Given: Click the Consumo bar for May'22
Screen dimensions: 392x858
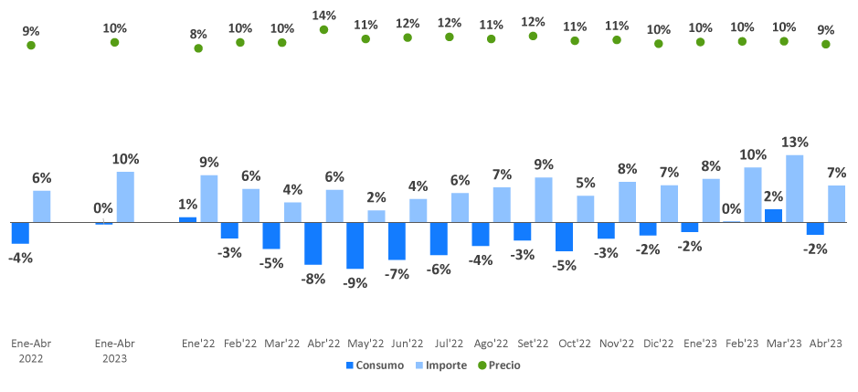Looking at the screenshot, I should [355, 245].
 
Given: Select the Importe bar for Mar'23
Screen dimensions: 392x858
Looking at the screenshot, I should [794, 188].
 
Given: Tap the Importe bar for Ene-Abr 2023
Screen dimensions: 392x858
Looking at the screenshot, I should [125, 196].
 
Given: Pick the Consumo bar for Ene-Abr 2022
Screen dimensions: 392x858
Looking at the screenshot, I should [20, 233].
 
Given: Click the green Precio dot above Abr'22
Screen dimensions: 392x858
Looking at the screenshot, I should [323, 29].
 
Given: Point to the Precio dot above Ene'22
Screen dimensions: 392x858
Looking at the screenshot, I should [198, 48].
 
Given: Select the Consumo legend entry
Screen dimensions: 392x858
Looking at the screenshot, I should [376, 366].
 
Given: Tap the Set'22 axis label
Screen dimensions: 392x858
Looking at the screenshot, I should [533, 344].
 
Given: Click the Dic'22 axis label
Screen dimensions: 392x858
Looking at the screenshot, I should [659, 344].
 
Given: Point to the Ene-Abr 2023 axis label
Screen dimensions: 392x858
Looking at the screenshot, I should [115, 351].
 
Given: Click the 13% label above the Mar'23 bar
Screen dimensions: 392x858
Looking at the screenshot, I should [794, 143].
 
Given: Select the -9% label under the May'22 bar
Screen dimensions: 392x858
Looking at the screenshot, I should [355, 282].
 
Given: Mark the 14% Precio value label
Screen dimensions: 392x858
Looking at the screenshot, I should [323, 15].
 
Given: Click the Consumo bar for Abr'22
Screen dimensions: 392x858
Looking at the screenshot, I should [313, 243].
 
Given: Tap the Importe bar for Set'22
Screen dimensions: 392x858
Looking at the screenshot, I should [544, 199].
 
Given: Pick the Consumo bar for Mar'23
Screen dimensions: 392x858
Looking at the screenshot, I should [774, 216].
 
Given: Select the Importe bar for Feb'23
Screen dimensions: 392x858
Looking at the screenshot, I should [753, 195].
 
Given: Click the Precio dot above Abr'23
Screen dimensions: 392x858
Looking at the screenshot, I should [826, 43].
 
